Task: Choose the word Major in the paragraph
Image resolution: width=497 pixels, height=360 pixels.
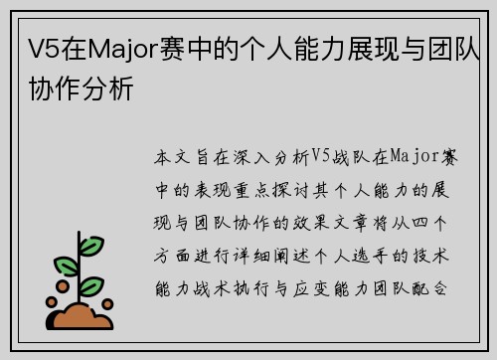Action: click(403, 157)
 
